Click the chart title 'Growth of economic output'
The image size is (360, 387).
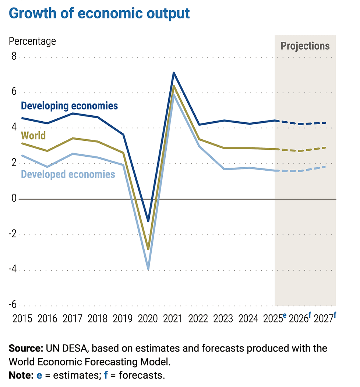tap(99, 13)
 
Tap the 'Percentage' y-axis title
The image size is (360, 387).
tap(32, 41)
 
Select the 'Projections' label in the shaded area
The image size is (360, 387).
tap(305, 46)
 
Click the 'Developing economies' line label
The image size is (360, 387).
tap(70, 106)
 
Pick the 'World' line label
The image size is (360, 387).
tap(33, 135)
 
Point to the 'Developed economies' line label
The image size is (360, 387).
tap(68, 174)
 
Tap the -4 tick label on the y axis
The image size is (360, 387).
tap(12, 270)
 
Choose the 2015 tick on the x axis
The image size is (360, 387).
tap(22, 318)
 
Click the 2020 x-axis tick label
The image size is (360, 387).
tap(148, 318)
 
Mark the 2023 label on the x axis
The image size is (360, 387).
tap(223, 318)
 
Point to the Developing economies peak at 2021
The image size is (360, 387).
tap(173, 73)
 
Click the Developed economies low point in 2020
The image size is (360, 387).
tap(148, 269)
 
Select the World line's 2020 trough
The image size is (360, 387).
tap(148, 249)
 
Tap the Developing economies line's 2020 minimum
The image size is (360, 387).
tap(148, 221)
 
